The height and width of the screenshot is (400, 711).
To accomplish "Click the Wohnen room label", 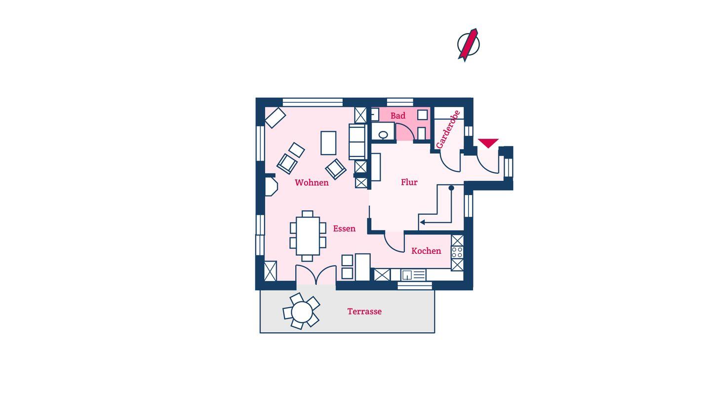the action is (x=312, y=183).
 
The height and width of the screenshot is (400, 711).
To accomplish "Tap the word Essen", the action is (x=344, y=229).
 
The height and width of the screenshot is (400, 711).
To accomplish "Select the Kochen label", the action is (x=426, y=251).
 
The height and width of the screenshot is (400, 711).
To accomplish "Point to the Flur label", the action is (x=409, y=182).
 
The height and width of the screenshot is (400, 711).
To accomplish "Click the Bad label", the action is (x=398, y=116).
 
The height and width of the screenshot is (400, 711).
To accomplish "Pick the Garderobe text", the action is (x=448, y=129).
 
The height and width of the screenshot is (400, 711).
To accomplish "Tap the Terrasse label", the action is (x=364, y=312).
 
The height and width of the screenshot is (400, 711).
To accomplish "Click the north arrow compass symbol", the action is (x=468, y=45).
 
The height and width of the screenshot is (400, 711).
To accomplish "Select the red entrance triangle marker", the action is (x=488, y=143).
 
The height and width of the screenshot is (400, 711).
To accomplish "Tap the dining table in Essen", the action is (x=308, y=236).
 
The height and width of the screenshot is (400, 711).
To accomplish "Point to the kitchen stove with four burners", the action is (x=457, y=253).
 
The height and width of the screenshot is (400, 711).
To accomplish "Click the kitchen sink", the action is (x=413, y=275).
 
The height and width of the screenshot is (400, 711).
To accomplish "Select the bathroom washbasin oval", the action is (x=383, y=135).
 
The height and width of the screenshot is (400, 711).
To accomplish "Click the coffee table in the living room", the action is (x=328, y=143).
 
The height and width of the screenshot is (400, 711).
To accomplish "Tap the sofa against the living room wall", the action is (x=357, y=142).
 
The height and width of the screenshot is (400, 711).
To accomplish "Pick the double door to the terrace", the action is (x=316, y=274).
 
